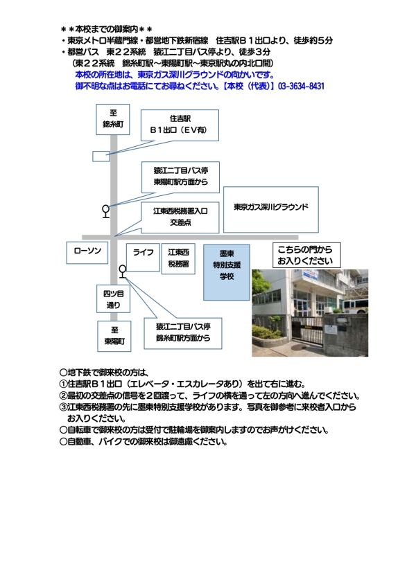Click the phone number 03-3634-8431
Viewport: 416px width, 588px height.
[x=301, y=86]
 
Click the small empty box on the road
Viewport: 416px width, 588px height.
[x=101, y=156]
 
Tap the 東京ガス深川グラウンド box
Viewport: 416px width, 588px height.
[x=270, y=207]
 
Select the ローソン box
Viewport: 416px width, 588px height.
[x=87, y=253]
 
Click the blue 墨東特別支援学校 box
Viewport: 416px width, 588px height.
[x=226, y=265]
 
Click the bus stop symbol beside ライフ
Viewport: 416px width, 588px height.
[x=123, y=271]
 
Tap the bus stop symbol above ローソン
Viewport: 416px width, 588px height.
[x=105, y=210]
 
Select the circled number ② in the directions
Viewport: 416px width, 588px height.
[x=63, y=395]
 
